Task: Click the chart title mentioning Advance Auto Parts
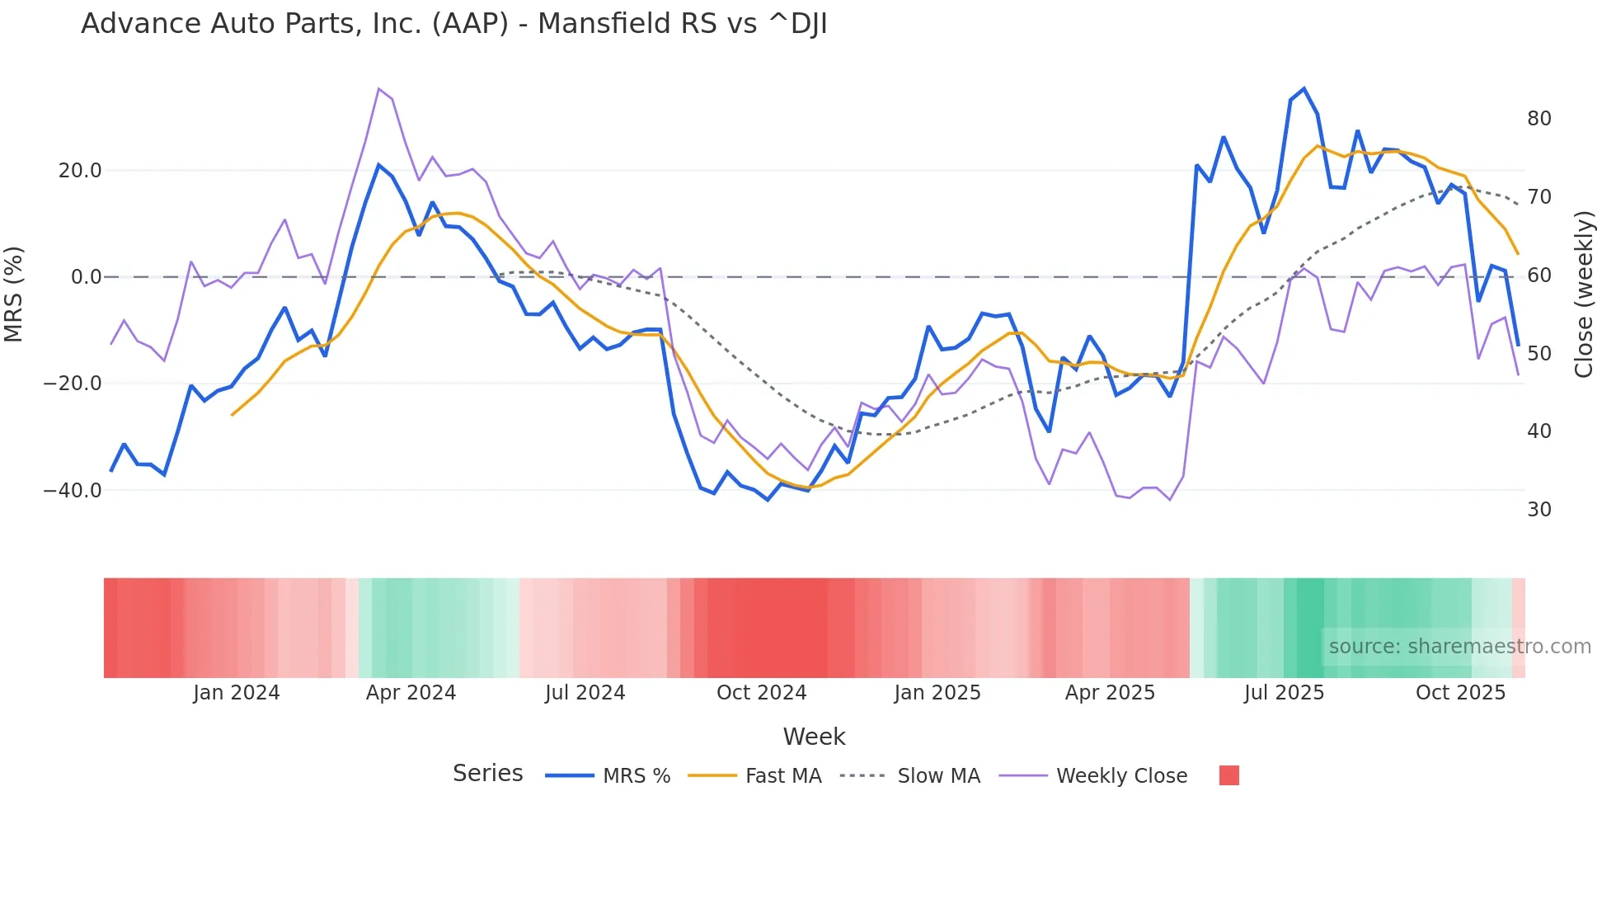[x=453, y=24]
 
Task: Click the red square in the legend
[x=1228, y=775]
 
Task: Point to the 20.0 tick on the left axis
[x=80, y=171]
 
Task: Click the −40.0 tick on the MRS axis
[x=73, y=490]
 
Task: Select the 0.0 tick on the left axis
[x=87, y=277]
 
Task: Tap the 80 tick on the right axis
[x=1538, y=119]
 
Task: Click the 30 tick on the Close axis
[x=1538, y=510]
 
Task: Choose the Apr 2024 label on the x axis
[x=411, y=693]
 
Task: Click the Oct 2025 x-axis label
[x=1460, y=693]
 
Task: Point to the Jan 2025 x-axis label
[x=937, y=693]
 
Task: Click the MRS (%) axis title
[x=14, y=294]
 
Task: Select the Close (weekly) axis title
[x=1583, y=294]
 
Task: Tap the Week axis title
[x=814, y=737]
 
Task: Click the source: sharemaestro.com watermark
[x=1459, y=647]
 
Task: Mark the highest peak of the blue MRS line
[x=1304, y=89]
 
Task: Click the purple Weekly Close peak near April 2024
[x=378, y=88]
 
